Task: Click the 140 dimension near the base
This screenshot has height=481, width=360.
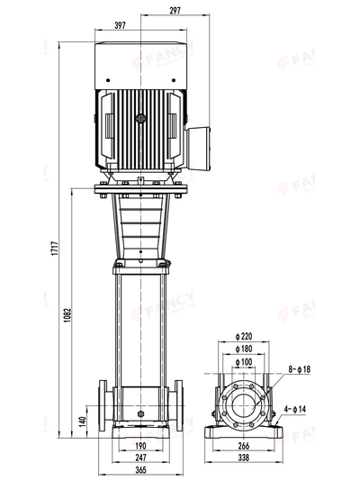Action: click(x=82, y=420)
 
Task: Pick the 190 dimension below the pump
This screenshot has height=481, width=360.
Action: click(x=141, y=445)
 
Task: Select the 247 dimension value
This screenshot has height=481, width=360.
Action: click(x=141, y=457)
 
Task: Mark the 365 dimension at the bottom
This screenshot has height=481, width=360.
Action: click(x=141, y=469)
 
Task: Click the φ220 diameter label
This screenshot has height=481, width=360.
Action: click(x=243, y=336)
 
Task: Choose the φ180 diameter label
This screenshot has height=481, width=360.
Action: click(x=243, y=349)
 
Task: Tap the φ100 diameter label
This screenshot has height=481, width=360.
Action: click(x=243, y=361)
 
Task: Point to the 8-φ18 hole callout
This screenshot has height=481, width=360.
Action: click(x=299, y=369)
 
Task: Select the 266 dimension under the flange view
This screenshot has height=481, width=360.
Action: click(x=244, y=445)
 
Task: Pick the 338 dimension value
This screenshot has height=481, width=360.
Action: click(x=244, y=457)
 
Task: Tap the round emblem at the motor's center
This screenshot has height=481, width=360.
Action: click(x=140, y=117)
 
